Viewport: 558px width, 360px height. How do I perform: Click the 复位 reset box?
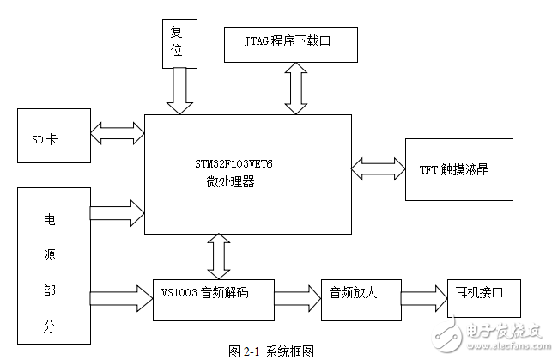coord(178,42)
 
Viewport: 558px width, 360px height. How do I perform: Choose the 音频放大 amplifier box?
coord(352,293)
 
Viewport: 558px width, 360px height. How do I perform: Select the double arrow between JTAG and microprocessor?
coord(296,88)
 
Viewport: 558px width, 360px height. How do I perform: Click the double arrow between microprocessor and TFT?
coord(378,163)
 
